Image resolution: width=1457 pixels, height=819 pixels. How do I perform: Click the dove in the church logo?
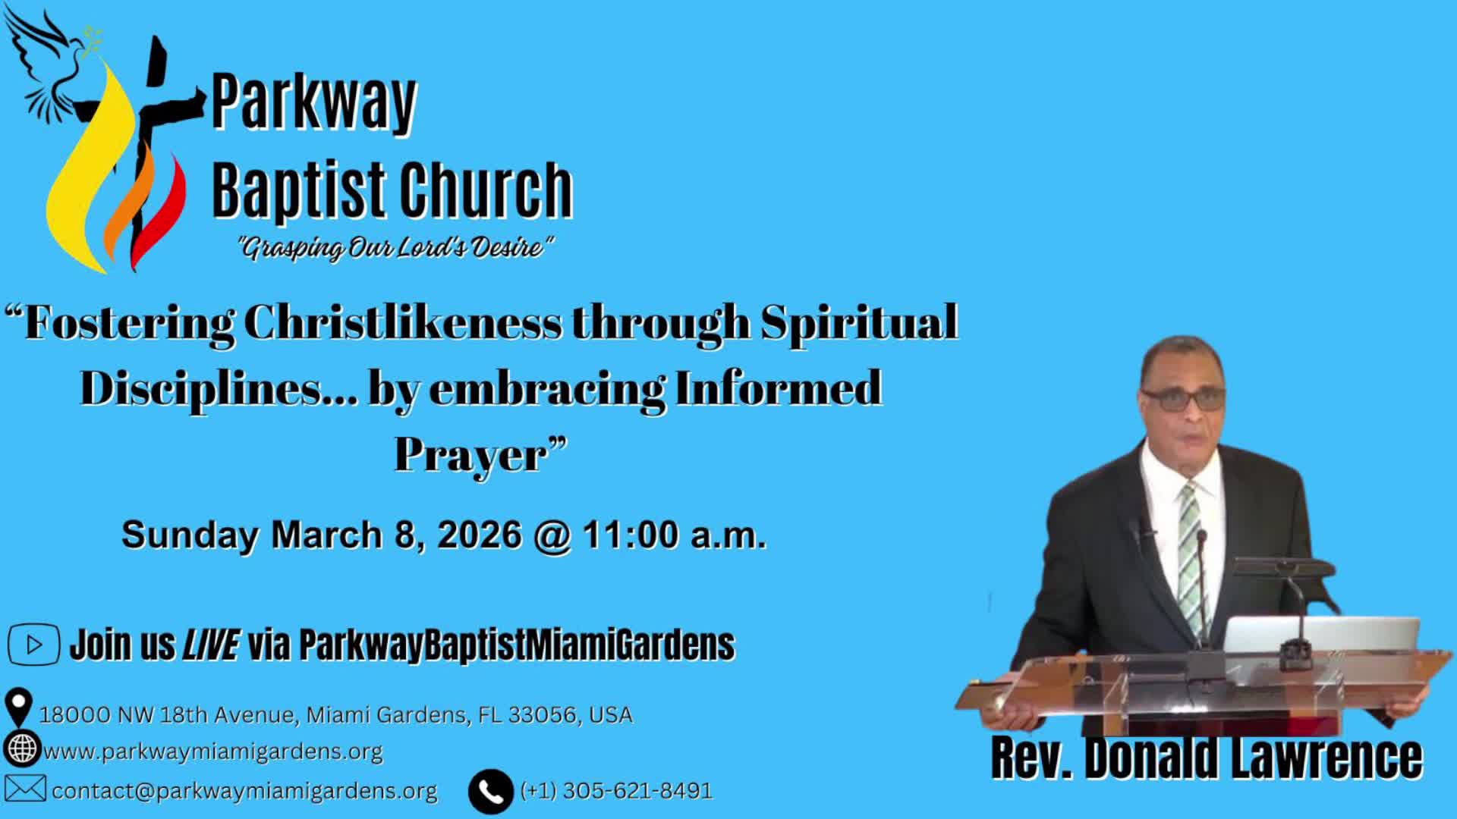[x=57, y=64]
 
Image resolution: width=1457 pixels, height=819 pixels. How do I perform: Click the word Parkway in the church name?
[x=314, y=102]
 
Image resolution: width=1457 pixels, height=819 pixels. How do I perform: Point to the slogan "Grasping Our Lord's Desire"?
[x=395, y=247]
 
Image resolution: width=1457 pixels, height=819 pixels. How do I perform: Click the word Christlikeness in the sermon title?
[x=404, y=323]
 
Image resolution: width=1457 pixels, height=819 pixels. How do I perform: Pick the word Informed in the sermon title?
[x=778, y=388]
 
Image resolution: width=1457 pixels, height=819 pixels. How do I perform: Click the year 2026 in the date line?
[x=480, y=535]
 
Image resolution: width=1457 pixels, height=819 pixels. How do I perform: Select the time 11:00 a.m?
[x=675, y=535]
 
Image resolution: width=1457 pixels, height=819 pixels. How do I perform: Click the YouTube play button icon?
[x=33, y=645]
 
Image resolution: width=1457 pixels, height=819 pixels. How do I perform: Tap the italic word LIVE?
[x=211, y=645]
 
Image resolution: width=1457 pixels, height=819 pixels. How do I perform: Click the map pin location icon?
[x=18, y=707]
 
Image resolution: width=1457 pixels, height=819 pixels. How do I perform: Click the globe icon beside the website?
[x=22, y=748]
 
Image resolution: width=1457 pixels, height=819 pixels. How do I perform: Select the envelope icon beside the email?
[x=25, y=789]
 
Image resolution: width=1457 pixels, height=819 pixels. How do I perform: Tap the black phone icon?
[x=490, y=792]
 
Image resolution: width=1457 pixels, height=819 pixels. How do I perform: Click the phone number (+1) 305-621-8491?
[x=616, y=791]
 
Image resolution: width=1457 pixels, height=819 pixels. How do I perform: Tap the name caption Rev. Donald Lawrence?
[x=1207, y=757]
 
